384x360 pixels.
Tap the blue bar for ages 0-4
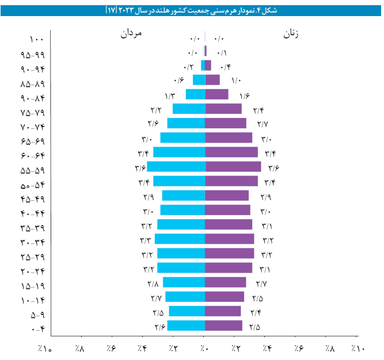tap(186, 325)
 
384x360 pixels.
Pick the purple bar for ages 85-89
tap(212, 80)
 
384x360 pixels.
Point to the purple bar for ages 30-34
tap(229, 239)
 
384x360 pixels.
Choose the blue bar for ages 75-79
tap(189, 109)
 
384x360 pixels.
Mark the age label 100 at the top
tap(36, 40)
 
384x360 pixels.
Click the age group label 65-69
tap(33, 141)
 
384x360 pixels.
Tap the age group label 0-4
tap(38, 329)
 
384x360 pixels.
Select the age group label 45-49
tap(33, 199)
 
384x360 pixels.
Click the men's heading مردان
tap(130, 34)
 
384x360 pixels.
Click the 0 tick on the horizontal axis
tap(205, 348)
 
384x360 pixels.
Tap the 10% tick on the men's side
tap(45, 348)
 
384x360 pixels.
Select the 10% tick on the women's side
tap(358, 348)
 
